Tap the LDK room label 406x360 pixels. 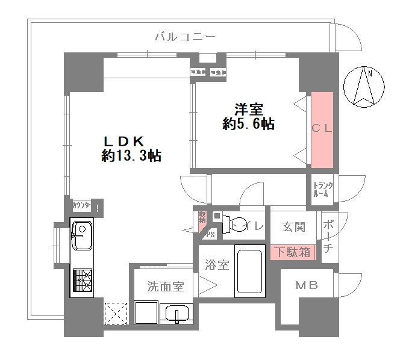(123, 141)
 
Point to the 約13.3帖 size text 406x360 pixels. (131, 157)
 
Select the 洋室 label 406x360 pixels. (248, 110)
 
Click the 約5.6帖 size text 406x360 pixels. (248, 125)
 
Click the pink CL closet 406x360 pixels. (322, 129)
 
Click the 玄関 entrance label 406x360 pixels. (294, 227)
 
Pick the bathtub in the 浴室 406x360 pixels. (249, 272)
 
